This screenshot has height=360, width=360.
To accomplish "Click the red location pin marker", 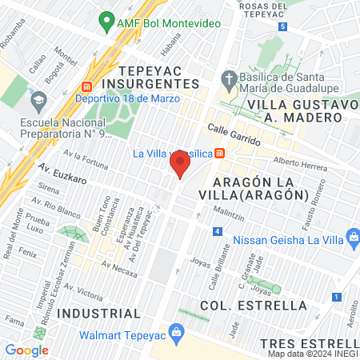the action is point(179,165).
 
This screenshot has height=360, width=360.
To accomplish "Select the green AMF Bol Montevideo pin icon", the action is point(105,24).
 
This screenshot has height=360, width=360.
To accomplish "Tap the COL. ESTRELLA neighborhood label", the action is point(253,306).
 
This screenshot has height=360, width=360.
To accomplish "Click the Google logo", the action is point(26,350).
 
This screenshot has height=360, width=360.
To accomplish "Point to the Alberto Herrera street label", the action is point(301,162).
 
